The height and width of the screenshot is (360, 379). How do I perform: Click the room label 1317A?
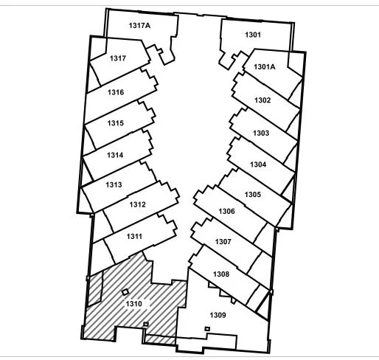(x=139, y=25)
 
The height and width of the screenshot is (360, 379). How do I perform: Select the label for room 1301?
(x=253, y=35)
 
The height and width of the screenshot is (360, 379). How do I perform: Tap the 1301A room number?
(x=265, y=66)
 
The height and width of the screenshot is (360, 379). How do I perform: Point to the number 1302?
(x=262, y=100)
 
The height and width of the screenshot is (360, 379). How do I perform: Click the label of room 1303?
(x=261, y=133)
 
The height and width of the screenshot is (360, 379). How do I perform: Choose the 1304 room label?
(x=258, y=165)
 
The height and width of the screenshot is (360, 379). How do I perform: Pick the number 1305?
(x=252, y=195)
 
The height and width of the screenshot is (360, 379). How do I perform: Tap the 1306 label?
(x=226, y=211)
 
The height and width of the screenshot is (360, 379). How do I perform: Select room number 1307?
(x=223, y=242)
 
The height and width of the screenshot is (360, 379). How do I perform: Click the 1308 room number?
(x=221, y=274)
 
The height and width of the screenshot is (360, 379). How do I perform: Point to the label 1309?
(x=218, y=315)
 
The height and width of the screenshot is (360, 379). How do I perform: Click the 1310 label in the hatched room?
(x=134, y=304)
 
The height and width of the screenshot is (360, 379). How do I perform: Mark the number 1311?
(x=134, y=236)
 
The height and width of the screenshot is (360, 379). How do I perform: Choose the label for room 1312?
(x=137, y=204)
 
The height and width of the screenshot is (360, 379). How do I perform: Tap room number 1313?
(x=114, y=184)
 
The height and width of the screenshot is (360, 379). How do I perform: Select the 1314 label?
(x=115, y=155)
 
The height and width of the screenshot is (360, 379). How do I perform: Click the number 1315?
(x=115, y=123)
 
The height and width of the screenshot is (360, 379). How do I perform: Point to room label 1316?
(x=116, y=92)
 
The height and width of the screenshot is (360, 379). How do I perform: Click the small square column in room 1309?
(x=207, y=328)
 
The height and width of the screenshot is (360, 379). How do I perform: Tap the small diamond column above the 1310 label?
(x=125, y=292)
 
